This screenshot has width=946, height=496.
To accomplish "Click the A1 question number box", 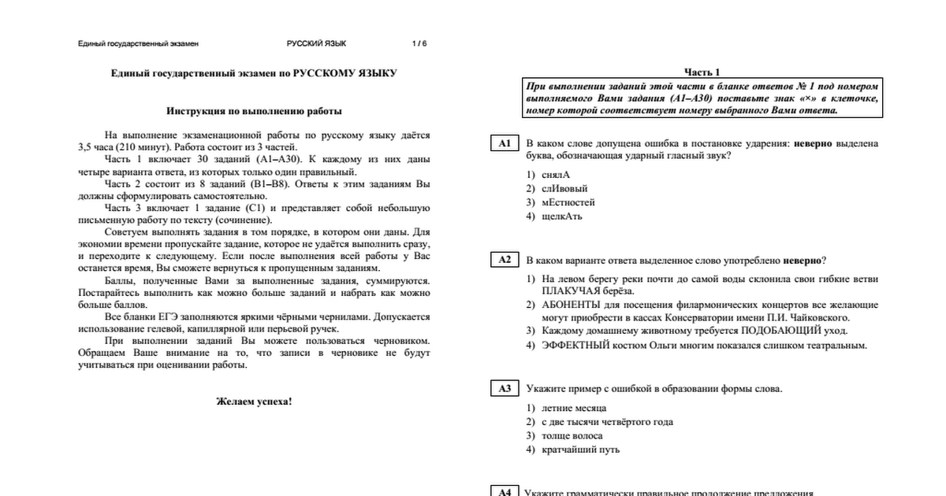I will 505,143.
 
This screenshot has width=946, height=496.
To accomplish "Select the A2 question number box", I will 505,260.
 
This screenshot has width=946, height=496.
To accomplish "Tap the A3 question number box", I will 505,389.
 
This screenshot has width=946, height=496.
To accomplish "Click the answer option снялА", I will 555,175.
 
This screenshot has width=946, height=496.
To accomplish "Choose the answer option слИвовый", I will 564,188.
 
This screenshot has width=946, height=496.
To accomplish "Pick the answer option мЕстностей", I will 568,202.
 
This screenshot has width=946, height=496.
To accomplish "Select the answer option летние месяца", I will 573,409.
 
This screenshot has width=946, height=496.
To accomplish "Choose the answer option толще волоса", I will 572,435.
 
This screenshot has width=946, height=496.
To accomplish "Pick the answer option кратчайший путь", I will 580,450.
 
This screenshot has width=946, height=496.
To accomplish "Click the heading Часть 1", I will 702,72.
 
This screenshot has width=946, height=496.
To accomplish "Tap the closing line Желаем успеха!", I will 254,402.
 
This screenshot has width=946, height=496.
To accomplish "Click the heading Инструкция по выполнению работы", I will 254,111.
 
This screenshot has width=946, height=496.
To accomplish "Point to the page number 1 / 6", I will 419,44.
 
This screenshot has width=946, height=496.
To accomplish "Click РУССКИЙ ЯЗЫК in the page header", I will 316,44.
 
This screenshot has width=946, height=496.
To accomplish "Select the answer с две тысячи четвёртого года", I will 606,422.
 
